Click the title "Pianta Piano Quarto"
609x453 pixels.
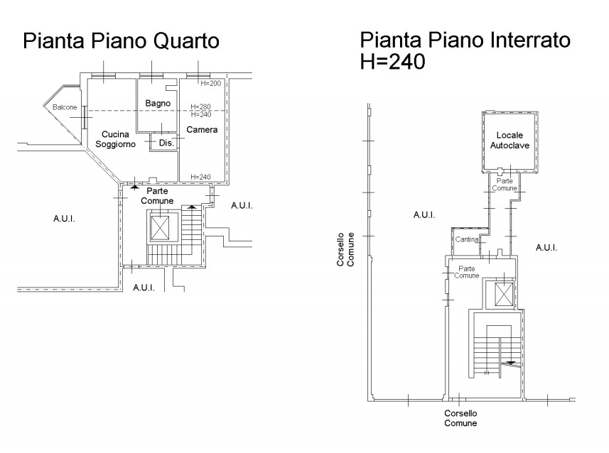[122, 40]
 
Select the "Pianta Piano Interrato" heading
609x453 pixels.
[465, 40]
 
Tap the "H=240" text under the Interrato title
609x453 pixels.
[393, 61]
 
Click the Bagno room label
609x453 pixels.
[158, 103]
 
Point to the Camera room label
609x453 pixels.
[202, 130]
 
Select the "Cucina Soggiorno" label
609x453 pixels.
[115, 139]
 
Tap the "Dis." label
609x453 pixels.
[166, 143]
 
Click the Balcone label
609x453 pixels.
[65, 107]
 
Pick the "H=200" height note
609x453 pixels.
[210, 83]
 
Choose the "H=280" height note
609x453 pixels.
[200, 107]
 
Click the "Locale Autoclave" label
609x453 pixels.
[510, 140]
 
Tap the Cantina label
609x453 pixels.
[467, 239]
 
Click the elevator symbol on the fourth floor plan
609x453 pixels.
[160, 228]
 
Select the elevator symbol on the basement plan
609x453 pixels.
[504, 295]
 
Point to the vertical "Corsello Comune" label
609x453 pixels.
[345, 250]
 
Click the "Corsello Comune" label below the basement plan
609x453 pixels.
[460, 418]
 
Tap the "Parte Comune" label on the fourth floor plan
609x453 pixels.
[157, 196]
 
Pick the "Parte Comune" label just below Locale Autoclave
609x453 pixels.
[505, 185]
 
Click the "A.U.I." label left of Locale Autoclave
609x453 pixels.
[424, 214]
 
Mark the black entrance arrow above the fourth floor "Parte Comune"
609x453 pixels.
[134, 187]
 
